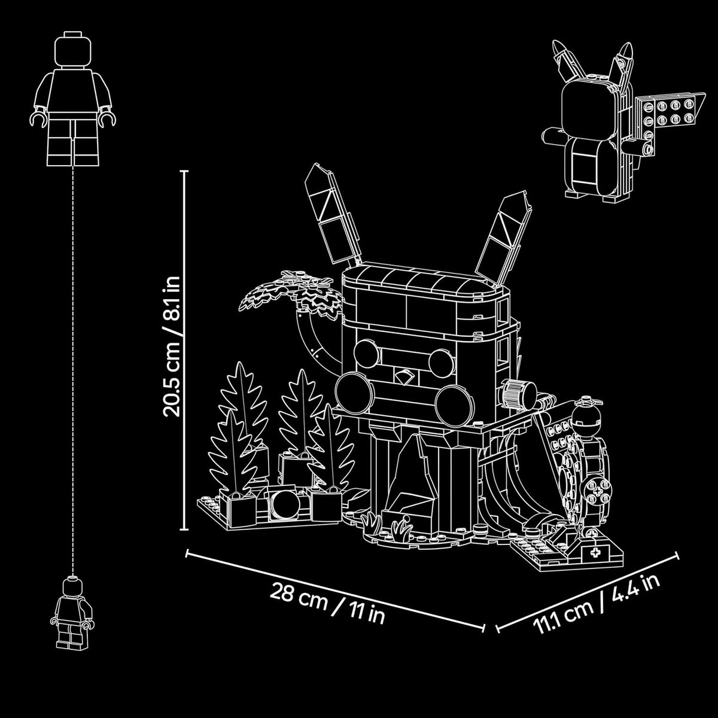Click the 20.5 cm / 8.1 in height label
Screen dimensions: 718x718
click(172, 346)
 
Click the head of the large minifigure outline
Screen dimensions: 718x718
click(72, 51)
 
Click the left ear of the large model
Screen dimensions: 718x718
click(332, 214)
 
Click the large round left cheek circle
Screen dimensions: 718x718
click(354, 394)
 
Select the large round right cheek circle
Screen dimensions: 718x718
click(455, 406)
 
